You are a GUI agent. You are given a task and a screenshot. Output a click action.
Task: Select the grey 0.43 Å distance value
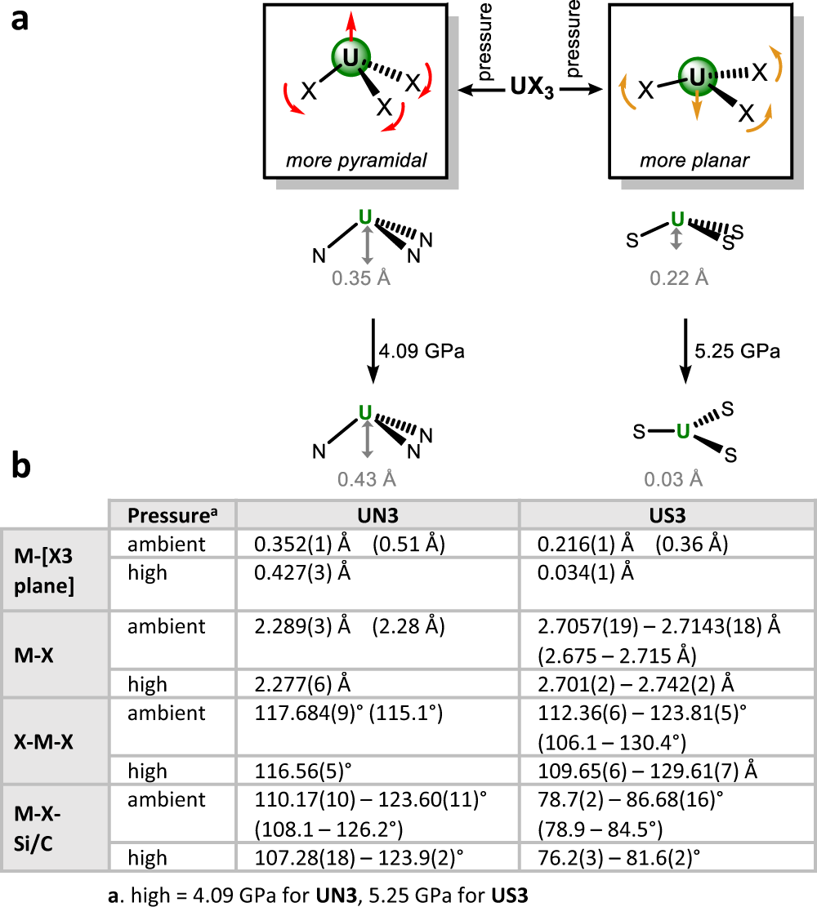[x=362, y=478]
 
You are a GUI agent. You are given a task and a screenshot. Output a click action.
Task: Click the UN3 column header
[x=377, y=516]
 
